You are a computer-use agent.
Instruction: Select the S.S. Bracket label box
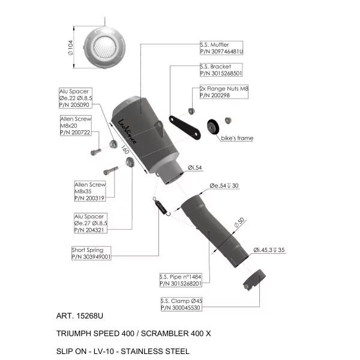point(221,70)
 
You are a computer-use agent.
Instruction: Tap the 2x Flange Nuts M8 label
point(224,92)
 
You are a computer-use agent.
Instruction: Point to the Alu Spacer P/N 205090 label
point(76,98)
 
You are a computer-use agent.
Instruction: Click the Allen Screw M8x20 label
point(76,125)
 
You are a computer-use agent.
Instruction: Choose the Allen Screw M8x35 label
point(90,191)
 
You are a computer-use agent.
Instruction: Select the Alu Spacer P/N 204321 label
point(91,223)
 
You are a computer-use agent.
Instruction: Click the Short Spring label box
point(91,253)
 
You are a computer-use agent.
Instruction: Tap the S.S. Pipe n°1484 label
point(181,280)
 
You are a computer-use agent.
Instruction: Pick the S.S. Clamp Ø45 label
point(181,304)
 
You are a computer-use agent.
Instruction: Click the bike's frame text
point(237,138)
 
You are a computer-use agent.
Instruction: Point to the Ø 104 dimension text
point(70,48)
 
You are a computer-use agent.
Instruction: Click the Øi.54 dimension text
point(194,167)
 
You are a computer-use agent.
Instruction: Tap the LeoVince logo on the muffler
point(127,131)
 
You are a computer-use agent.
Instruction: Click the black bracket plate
point(185,127)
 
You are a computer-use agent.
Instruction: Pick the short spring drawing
point(161,206)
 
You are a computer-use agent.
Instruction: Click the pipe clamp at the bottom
point(254,280)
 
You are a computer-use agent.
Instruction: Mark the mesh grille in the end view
point(104,47)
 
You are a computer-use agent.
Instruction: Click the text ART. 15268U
point(80,316)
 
